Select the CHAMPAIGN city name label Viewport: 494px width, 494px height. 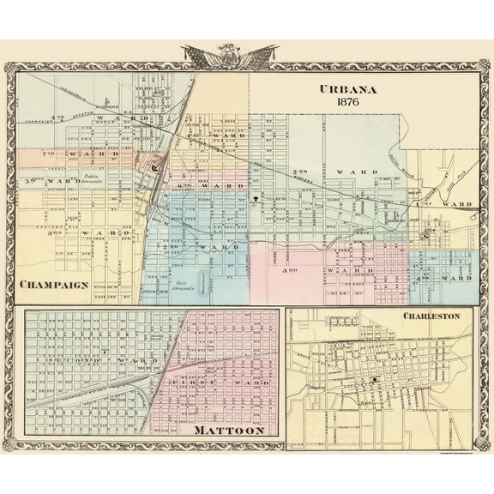pyautogui.click(x=53, y=285)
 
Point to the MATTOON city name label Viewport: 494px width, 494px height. pyautogui.click(x=228, y=430)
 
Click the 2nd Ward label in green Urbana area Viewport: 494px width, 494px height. pyautogui.click(x=334, y=172)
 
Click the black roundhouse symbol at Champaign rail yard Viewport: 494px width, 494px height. pyautogui.click(x=155, y=168)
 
